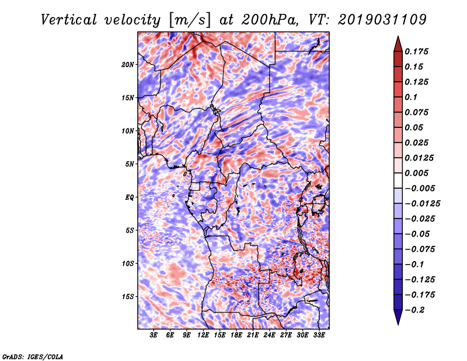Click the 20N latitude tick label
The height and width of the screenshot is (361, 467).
click(x=128, y=64)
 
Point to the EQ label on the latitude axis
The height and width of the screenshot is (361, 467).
click(x=129, y=197)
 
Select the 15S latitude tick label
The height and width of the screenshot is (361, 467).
click(x=128, y=296)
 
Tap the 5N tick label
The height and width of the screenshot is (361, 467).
click(x=130, y=164)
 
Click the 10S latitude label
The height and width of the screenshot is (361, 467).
click(x=128, y=263)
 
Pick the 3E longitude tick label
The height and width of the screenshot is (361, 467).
click(x=154, y=336)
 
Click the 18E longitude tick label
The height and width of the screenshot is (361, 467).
click(x=236, y=336)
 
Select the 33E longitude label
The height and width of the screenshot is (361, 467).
click(x=319, y=336)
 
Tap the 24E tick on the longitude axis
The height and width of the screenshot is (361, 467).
click(x=270, y=336)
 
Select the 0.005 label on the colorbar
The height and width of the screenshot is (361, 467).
click(x=418, y=173)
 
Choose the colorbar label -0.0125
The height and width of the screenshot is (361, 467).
click(x=423, y=203)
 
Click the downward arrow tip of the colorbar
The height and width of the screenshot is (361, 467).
click(x=397, y=322)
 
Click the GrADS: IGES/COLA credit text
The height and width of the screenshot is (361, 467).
click(x=32, y=356)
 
